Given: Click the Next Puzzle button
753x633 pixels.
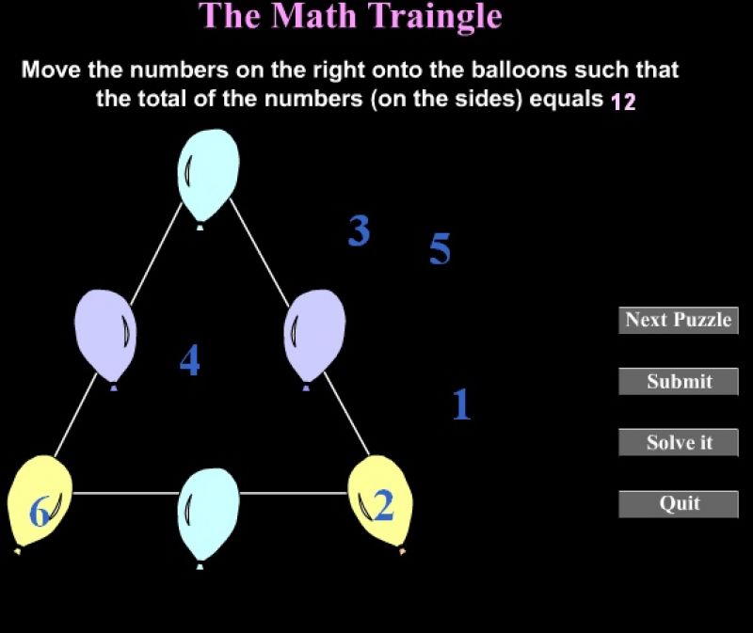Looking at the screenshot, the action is pyautogui.click(x=678, y=320).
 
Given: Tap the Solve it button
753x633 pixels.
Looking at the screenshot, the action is pyautogui.click(x=678, y=442).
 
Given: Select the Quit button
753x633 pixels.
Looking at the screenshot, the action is pyautogui.click(x=678, y=504).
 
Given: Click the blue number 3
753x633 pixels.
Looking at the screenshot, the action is pyautogui.click(x=360, y=230).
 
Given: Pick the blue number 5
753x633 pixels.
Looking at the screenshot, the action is pyautogui.click(x=440, y=248).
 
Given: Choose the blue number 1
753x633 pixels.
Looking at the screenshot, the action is pyautogui.click(x=461, y=404).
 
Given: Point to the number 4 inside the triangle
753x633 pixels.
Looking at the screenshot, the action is pyautogui.click(x=190, y=360).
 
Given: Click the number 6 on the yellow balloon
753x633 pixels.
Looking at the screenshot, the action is pyautogui.click(x=40, y=511).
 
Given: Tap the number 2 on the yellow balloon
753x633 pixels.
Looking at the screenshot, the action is pyautogui.click(x=384, y=506).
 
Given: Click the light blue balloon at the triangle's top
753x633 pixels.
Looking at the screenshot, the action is pyautogui.click(x=208, y=177).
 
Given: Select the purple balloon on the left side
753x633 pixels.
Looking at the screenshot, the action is pyautogui.click(x=105, y=338).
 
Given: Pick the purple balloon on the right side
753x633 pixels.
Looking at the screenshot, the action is pyautogui.click(x=314, y=338).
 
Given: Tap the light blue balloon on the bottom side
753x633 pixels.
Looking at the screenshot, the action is pyautogui.click(x=208, y=516).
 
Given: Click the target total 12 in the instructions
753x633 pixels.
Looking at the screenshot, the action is pyautogui.click(x=623, y=102).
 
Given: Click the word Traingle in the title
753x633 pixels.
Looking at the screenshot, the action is pyautogui.click(x=435, y=17).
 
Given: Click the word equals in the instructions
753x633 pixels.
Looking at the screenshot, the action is pyautogui.click(x=566, y=100).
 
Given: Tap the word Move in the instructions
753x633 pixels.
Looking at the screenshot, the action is pyautogui.click(x=52, y=70).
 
